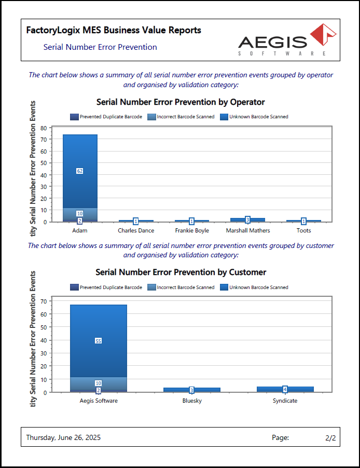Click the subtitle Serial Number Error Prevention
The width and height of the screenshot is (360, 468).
(100, 47)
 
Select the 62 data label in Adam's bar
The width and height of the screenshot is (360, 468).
(80, 171)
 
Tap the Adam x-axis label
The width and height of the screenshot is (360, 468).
(79, 230)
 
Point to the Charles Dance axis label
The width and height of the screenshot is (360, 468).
(136, 230)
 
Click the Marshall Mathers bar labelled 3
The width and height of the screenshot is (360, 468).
(247, 219)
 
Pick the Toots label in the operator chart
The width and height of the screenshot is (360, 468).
(303, 230)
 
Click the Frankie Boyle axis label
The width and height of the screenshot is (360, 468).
(191, 230)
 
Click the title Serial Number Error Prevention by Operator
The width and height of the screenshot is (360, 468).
(181, 102)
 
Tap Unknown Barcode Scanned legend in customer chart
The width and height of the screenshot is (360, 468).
(254, 287)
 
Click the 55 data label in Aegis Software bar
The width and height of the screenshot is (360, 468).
(98, 341)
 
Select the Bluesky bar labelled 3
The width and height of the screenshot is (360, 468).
(191, 390)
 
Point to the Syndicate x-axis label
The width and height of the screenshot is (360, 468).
(285, 401)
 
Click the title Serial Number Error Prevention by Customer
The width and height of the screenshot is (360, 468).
(181, 272)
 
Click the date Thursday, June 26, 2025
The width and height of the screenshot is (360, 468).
(63, 438)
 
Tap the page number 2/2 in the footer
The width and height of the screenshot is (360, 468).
(330, 438)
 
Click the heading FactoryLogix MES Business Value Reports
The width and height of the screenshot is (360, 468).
(114, 31)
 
